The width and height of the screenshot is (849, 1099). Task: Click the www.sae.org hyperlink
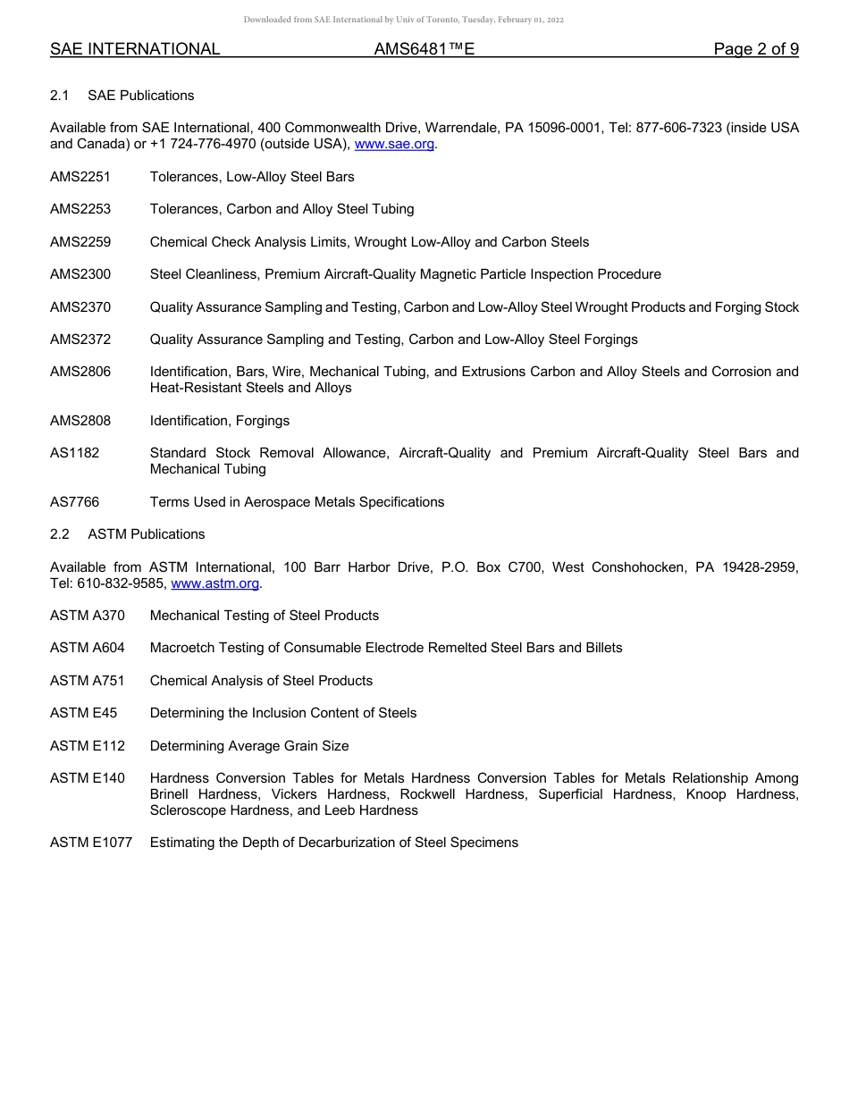[394, 144]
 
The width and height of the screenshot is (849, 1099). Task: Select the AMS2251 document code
[80, 177]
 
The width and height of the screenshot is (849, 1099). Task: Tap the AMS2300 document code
[80, 274]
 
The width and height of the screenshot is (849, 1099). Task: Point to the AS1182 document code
[75, 453]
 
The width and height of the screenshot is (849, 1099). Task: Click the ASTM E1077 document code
[91, 843]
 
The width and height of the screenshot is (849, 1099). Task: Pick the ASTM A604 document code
[88, 648]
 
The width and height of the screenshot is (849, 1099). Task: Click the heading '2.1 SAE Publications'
[122, 96]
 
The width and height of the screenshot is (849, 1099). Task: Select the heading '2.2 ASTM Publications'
[128, 534]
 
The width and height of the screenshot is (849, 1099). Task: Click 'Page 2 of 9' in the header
[756, 49]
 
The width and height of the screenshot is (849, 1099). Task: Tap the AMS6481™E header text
[424, 49]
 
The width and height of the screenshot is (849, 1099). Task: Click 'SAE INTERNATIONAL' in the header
[135, 49]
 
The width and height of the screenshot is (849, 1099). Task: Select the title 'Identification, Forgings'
[220, 421]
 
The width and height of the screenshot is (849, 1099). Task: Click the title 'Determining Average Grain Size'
[249, 746]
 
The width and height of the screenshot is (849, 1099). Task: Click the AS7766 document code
[75, 502]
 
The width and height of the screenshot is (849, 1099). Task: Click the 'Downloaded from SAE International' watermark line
[403, 20]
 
